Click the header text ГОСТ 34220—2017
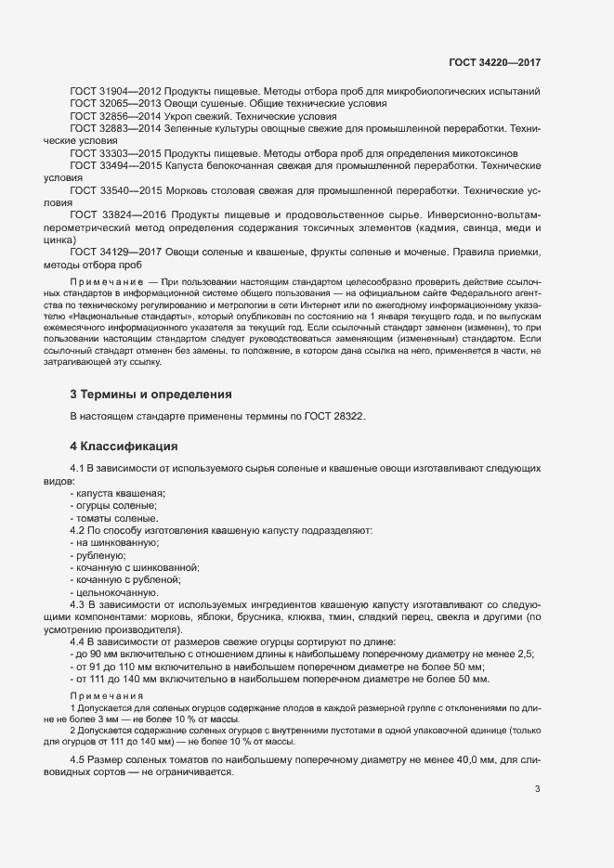pos(494,62)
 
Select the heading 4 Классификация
pos(124,447)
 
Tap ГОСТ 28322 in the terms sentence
pos(334,416)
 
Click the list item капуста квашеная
pos(120,493)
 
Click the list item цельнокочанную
pos(119,592)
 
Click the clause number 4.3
pos(79,604)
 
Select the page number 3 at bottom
pos(537,790)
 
